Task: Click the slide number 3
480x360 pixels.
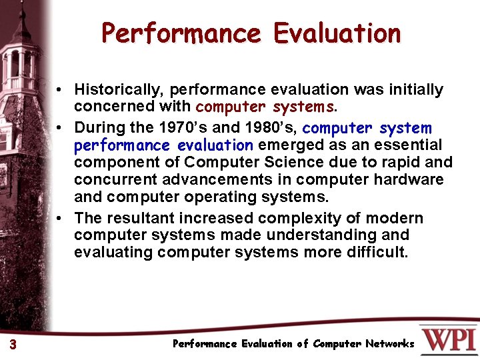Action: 13,344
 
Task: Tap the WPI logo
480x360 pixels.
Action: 448,339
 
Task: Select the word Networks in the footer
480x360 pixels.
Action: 390,344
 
